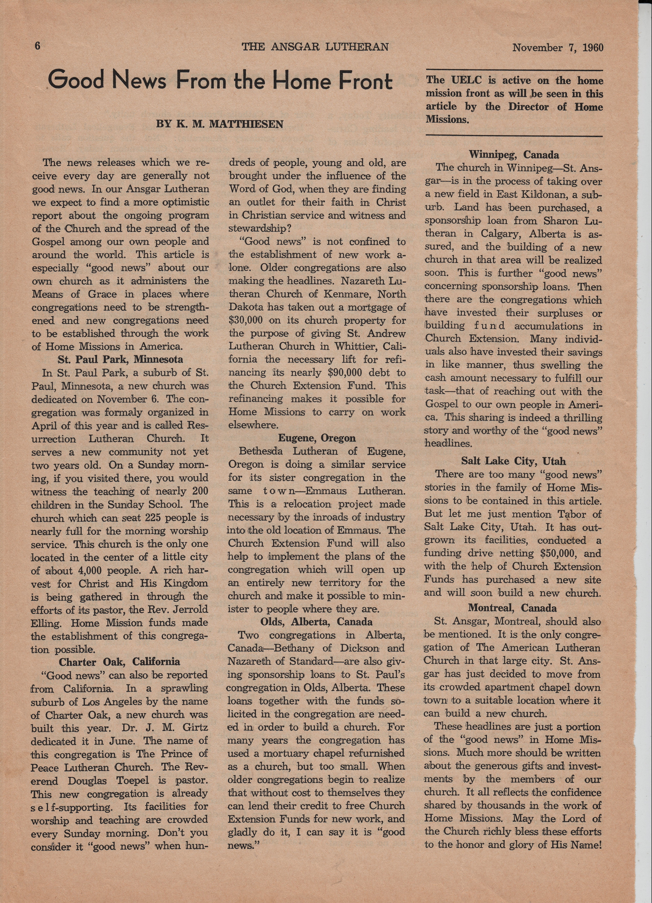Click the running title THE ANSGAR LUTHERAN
[x=315, y=47]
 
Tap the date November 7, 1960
[x=558, y=48]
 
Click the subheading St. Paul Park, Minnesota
[x=120, y=360]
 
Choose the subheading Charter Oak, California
[x=120, y=662]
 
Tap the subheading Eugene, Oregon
[x=317, y=438]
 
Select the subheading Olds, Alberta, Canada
[x=317, y=622]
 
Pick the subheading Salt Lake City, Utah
[x=513, y=461]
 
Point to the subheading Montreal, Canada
[x=512, y=608]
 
